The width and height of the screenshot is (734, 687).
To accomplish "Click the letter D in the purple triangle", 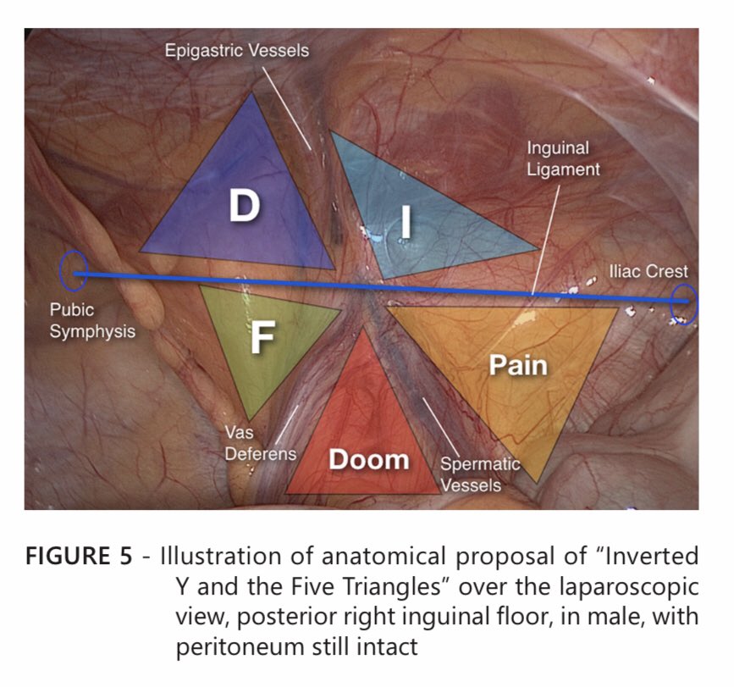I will pos(244,206).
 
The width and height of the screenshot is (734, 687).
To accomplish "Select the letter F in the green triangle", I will pos(262,337).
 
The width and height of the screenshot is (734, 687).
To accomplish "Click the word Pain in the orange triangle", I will pos(518,366).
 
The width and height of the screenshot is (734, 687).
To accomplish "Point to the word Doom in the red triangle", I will pos(368,460).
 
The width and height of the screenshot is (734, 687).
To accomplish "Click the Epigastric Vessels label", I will pos(237,51).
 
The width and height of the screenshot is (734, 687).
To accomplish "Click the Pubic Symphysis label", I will pos(91,320).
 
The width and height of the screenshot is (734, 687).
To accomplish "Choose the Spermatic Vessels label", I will pos(479,474).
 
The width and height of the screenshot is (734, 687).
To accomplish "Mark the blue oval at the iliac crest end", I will pos(683,305).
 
